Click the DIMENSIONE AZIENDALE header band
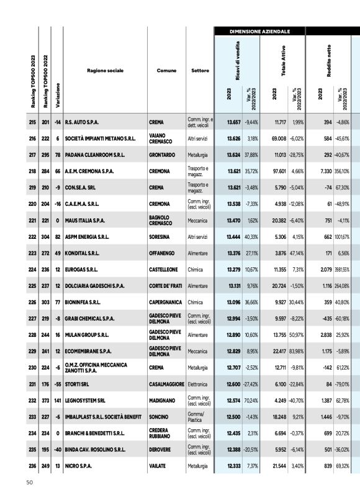tap(259, 30)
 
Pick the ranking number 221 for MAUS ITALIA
tap(32, 220)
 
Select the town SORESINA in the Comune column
tap(160, 236)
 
